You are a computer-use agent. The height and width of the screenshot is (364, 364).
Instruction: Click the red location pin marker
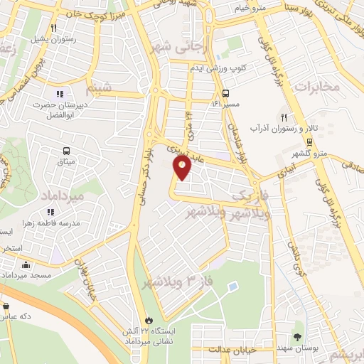(x=183, y=168)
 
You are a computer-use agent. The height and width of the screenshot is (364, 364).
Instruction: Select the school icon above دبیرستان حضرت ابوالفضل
(x=59, y=93)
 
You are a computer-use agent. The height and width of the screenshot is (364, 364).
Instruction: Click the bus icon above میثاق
(x=66, y=151)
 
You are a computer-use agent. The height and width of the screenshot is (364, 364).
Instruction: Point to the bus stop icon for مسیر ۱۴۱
(x=225, y=93)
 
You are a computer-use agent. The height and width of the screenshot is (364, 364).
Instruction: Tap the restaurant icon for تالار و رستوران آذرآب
(x=284, y=117)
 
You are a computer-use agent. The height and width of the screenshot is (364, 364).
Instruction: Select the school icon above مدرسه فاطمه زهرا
(x=50, y=212)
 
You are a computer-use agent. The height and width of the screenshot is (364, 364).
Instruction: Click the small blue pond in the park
(x=232, y=287)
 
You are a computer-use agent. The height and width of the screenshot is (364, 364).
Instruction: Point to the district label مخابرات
(x=316, y=87)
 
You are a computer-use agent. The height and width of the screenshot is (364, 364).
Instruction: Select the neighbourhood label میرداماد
(x=78, y=194)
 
